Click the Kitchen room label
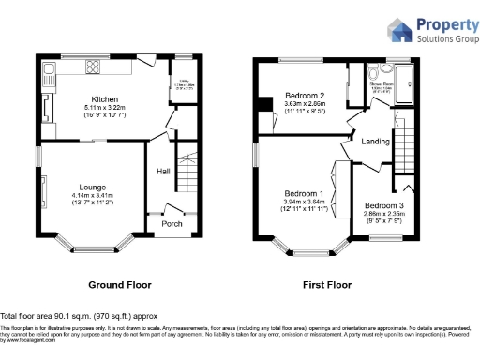pos(103,98)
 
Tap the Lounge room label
pos(91,186)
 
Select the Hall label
pos(162,171)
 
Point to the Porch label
pos(172,223)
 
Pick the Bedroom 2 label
pos(305,96)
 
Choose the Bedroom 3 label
pos(384,204)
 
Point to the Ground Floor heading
pos(120,283)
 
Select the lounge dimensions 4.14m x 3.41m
pos(91,195)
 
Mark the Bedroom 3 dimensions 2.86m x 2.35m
pos(384,214)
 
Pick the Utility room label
pos(185,92)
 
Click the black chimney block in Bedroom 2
pos(267,103)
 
